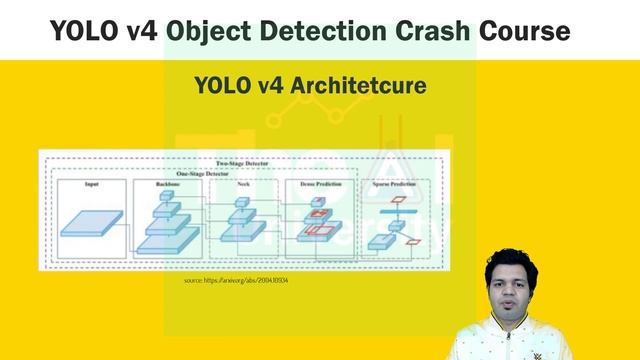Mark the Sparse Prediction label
(398, 185)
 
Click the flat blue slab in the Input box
(91, 223)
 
